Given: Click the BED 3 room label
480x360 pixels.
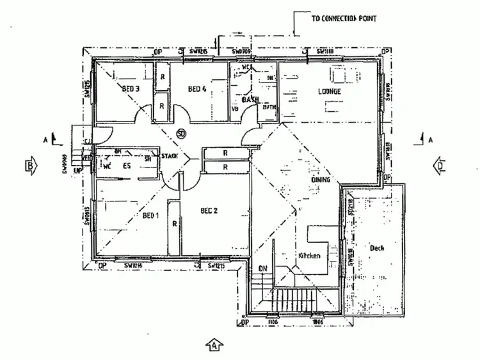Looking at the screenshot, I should [x=131, y=89].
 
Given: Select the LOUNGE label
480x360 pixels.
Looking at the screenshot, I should [x=330, y=91].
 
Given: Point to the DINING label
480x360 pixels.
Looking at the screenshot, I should [x=321, y=180].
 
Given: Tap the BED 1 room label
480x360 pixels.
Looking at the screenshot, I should [x=150, y=215].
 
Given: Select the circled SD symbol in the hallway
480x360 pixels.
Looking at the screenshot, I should [x=181, y=134].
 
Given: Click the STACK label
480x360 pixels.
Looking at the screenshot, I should [x=170, y=155].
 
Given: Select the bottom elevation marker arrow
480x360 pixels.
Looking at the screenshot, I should [x=214, y=345].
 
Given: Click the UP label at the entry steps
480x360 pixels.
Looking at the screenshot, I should [x=78, y=171].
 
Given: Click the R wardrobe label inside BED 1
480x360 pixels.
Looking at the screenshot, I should [x=174, y=224].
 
